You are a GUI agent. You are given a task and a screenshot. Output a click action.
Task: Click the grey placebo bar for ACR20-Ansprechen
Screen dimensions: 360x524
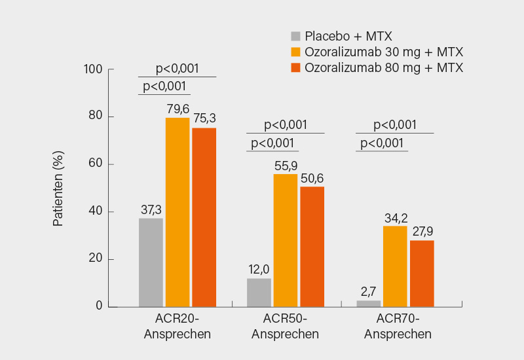(x=151, y=262)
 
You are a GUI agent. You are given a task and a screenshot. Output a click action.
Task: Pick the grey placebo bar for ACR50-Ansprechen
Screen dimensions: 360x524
(x=259, y=293)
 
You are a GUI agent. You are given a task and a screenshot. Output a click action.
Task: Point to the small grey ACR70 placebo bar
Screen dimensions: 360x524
(x=367, y=304)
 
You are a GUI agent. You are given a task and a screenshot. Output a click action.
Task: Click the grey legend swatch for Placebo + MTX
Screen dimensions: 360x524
(x=296, y=36)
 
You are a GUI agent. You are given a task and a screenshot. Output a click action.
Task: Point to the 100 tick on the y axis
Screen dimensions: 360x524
(x=94, y=69)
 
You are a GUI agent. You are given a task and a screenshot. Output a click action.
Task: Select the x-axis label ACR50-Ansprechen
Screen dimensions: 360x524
(x=286, y=327)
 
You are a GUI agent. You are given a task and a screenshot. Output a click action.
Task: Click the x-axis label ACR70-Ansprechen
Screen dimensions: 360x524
(x=398, y=327)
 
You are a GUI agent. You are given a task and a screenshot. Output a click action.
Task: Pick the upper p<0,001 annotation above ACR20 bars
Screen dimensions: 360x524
(x=177, y=69)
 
